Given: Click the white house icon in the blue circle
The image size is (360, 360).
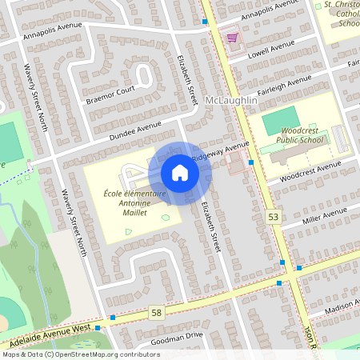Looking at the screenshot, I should click(180, 172).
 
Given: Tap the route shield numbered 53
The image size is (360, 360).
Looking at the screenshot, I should click(274, 217).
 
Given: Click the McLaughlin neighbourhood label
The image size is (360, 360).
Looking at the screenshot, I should click(231, 100).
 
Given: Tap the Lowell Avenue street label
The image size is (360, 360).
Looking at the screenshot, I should click(272, 50).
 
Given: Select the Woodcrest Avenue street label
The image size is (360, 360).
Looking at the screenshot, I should click(310, 170).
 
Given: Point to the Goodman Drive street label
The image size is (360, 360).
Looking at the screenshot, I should click(177, 337).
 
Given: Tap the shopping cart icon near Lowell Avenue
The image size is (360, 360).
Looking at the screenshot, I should click(232, 38).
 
